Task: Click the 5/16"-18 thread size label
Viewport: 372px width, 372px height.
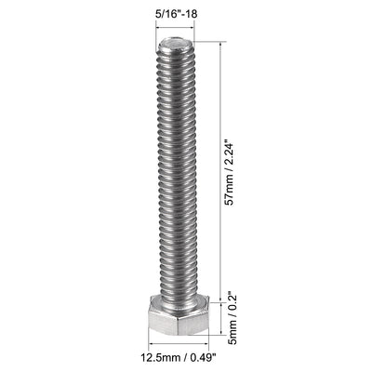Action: tap(172, 14)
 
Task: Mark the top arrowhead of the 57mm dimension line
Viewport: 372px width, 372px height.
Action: tap(220, 44)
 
